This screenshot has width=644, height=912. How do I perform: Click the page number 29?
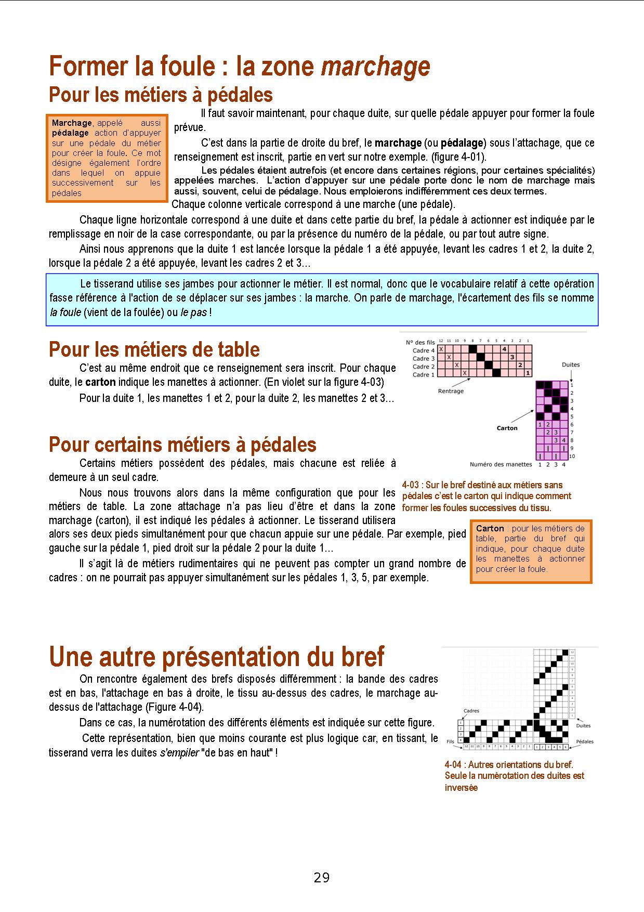pyautogui.click(x=322, y=878)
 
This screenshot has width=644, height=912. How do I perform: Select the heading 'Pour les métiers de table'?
pyautogui.click(x=154, y=349)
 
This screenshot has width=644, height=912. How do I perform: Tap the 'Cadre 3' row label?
pyautogui.click(x=424, y=359)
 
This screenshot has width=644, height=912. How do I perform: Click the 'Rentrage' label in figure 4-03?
pyautogui.click(x=451, y=391)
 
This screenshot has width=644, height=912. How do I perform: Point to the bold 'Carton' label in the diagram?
pyautogui.click(x=507, y=428)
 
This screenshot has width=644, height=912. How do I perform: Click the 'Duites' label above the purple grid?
pyautogui.click(x=570, y=364)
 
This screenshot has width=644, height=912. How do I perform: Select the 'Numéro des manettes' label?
pyautogui.click(x=501, y=464)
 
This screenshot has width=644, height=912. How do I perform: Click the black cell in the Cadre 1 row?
pyautogui.click(x=496, y=373)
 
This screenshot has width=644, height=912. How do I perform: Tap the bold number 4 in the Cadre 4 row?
pyautogui.click(x=504, y=349)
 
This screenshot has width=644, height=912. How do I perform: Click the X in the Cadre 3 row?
pyautogui.click(x=449, y=357)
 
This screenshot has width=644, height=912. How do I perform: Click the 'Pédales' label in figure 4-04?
pyautogui.click(x=585, y=741)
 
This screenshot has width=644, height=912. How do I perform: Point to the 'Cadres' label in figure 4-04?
pyautogui.click(x=471, y=711)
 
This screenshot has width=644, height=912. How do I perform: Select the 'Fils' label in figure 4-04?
pyautogui.click(x=451, y=742)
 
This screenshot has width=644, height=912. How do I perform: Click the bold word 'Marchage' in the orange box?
pyautogui.click(x=72, y=123)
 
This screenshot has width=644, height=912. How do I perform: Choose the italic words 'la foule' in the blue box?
pyautogui.click(x=65, y=312)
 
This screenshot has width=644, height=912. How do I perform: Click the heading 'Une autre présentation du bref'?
pyautogui.click(x=216, y=657)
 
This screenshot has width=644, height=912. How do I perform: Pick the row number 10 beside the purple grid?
pyautogui.click(x=572, y=456)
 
